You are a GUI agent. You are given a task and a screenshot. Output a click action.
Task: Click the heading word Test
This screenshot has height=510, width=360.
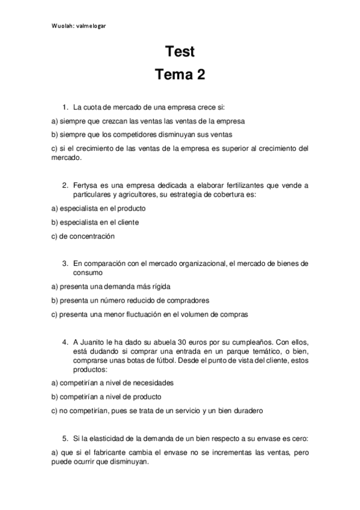180,52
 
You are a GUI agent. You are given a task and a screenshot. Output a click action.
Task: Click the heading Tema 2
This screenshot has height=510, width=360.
180,75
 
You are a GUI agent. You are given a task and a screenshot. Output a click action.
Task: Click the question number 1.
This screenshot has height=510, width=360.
65,108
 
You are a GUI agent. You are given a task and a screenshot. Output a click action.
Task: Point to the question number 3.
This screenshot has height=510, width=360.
65,263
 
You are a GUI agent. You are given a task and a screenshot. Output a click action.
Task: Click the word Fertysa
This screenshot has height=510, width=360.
87,185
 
